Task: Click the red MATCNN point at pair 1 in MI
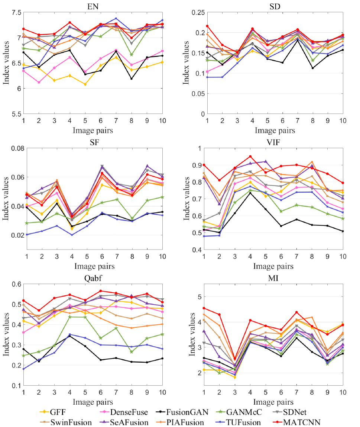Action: click(204, 308)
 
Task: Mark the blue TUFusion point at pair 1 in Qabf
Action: click(23, 369)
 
